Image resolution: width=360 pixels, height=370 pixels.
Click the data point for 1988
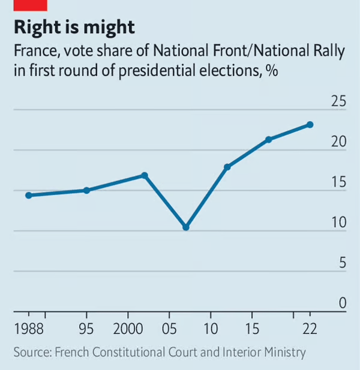(28, 195)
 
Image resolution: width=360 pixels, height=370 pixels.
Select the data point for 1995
(86, 190)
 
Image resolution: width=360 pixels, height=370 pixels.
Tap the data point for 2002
(145, 175)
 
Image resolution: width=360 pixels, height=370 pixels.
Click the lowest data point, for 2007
(186, 227)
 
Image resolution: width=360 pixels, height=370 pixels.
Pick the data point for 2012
(227, 167)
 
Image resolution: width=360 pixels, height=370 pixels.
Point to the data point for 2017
(269, 140)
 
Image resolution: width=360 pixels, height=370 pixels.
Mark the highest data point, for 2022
(310, 125)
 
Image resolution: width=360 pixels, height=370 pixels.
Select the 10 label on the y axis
(339, 222)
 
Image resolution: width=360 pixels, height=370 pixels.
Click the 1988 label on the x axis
(28, 330)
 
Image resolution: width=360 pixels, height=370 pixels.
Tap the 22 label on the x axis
(310, 330)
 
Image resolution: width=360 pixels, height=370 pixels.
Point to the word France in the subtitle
(33, 51)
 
